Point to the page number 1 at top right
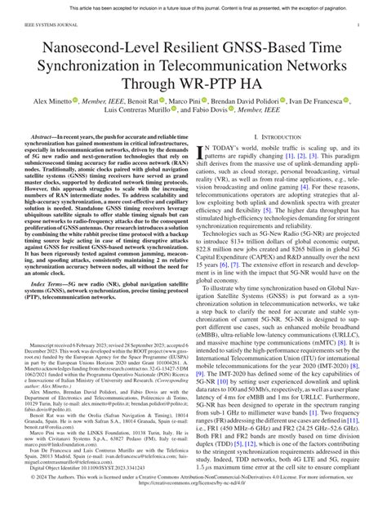coord(359,25)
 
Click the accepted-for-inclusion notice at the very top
coord(193,7)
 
